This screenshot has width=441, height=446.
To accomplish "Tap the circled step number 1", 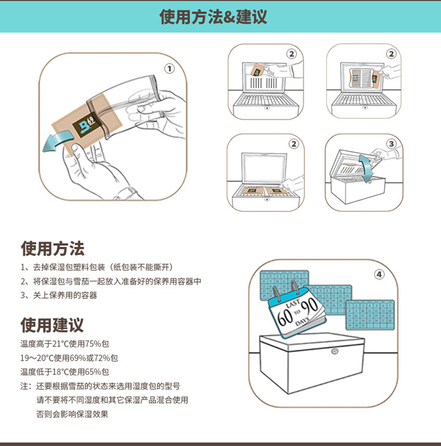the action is tap(169, 68).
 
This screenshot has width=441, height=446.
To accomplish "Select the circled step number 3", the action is tap(391, 143).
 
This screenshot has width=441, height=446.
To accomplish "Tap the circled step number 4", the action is tap(379, 274).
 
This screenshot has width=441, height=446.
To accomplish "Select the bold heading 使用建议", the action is tap(52, 325).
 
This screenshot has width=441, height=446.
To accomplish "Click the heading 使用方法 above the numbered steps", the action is tap(52, 248).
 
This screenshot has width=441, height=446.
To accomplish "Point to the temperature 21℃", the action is tap(60, 344).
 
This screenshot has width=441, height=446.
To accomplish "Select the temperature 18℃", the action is tap(60, 372).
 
